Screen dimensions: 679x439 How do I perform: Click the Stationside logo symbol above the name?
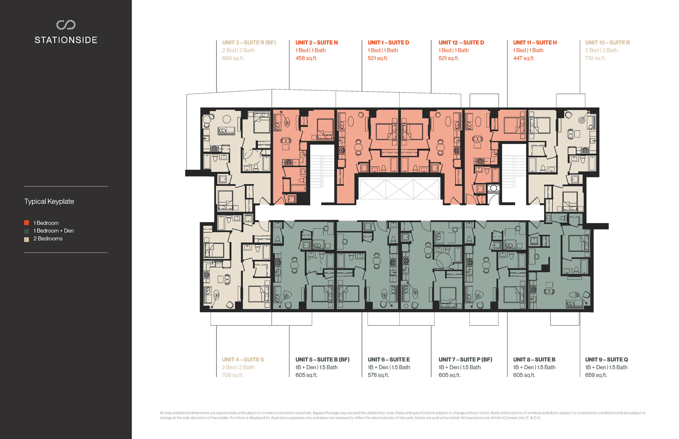pyautogui.click(x=66, y=25)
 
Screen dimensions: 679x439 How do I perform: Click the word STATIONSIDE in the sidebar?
pyautogui.click(x=66, y=40)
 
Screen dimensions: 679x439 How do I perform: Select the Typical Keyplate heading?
pyautogui.click(x=49, y=201)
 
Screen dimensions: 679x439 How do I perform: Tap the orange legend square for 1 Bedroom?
pyautogui.click(x=27, y=223)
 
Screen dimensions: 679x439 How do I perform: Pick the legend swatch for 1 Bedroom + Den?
pyautogui.click(x=27, y=231)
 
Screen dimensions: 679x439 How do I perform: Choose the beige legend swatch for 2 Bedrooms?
pyautogui.click(x=27, y=239)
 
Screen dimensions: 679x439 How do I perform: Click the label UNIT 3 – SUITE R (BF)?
pyautogui.click(x=249, y=43)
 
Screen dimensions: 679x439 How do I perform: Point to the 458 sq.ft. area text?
pyautogui.click(x=306, y=58)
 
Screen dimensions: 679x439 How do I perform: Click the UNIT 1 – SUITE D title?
pyautogui.click(x=388, y=43)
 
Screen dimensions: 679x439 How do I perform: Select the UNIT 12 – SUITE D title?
pyautogui.click(x=461, y=43)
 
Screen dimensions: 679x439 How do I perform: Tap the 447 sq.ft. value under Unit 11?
pyautogui.click(x=524, y=58)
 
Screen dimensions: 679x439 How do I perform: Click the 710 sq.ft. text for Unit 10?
pyautogui.click(x=595, y=58)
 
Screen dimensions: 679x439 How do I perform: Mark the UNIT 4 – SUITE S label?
pyautogui.click(x=243, y=360)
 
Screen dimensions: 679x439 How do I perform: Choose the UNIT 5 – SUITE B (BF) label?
pyautogui.click(x=323, y=360)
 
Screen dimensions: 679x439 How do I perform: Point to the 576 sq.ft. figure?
pyautogui.click(x=378, y=375)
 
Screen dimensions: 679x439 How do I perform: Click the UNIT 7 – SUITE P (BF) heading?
pyautogui.click(x=465, y=360)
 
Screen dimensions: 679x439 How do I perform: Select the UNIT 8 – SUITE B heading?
pyautogui.click(x=534, y=360)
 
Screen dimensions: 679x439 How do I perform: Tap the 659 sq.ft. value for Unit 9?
pyautogui.click(x=596, y=375)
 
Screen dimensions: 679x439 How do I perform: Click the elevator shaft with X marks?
pyautogui.click(x=399, y=189)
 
